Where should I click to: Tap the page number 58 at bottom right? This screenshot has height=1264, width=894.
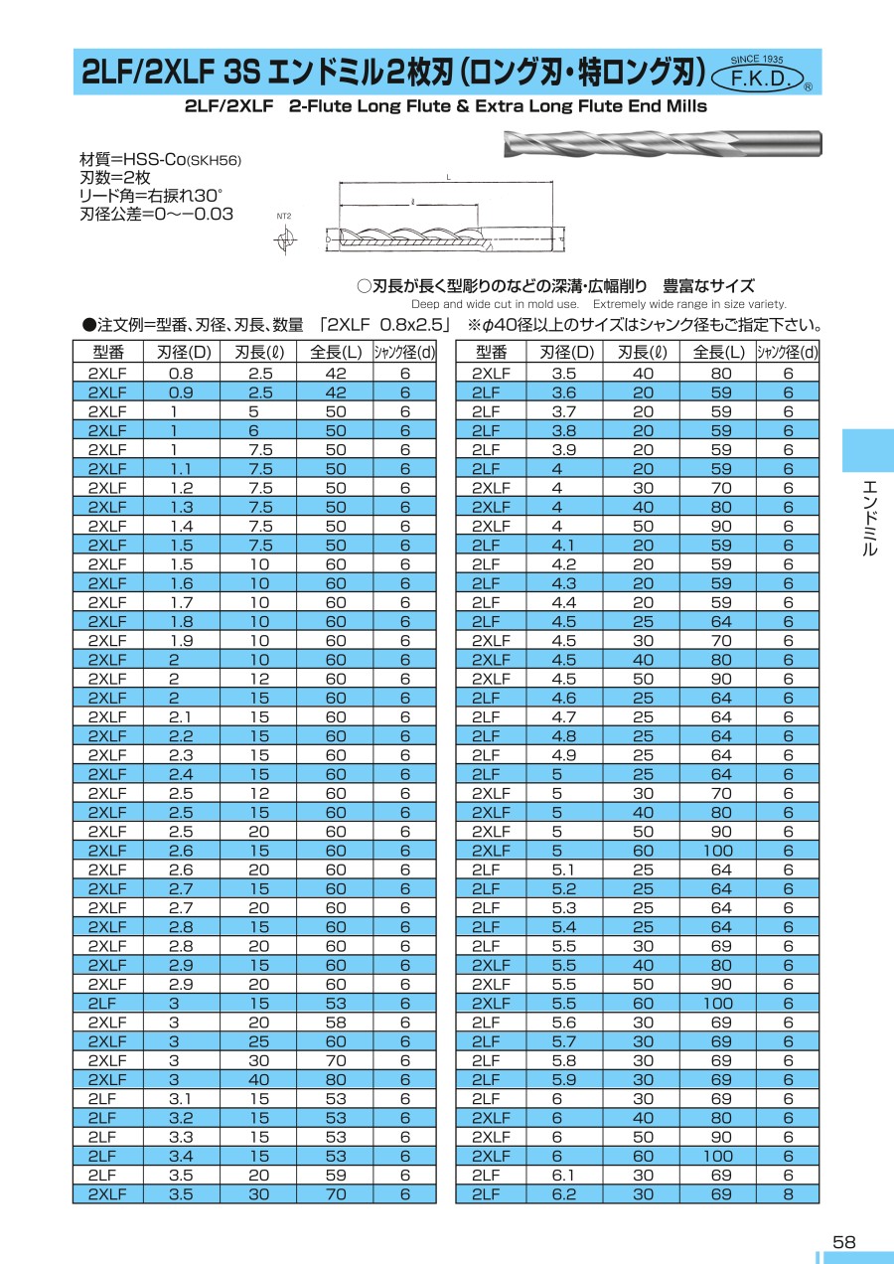pos(843,1242)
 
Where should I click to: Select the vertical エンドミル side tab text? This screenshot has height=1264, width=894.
pos(869,517)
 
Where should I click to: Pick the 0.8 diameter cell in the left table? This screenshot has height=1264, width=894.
pos(181,373)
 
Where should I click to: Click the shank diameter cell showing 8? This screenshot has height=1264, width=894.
pos(788,1194)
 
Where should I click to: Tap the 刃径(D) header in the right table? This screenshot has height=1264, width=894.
pos(565,351)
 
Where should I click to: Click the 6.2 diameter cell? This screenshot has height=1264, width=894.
pos(564,1194)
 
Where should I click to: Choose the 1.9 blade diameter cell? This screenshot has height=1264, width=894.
pos(181,640)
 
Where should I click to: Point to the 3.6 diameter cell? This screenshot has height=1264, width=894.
pos(564,393)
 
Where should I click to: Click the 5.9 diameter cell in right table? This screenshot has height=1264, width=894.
pos(564,1080)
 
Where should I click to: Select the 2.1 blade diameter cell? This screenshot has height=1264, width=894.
pos(181,716)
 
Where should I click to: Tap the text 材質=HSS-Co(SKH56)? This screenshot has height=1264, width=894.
pos(160,159)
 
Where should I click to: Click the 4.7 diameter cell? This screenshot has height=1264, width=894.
pos(564,716)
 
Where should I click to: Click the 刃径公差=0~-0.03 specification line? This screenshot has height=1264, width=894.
pos(156,213)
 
